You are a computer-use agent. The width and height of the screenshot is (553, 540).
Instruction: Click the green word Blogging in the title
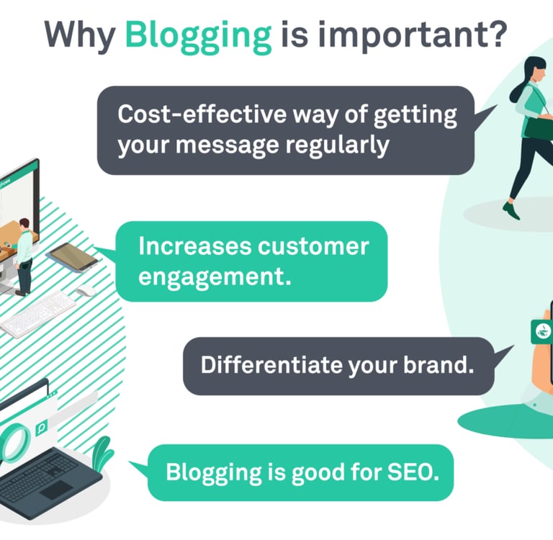(x=199, y=34)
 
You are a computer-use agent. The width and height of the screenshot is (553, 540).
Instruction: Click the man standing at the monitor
(x=24, y=256)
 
